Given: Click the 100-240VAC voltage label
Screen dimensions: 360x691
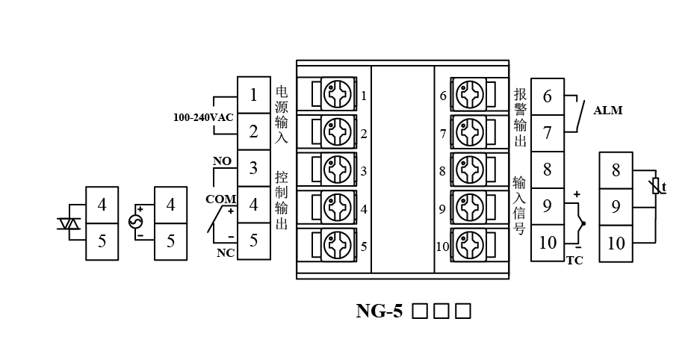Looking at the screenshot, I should [203, 118].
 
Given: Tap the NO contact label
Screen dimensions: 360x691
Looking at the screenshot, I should [222, 161].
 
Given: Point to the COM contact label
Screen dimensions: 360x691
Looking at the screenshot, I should [220, 199].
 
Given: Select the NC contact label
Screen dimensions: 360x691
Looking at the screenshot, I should [225, 252].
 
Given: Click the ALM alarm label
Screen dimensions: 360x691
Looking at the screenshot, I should [607, 111].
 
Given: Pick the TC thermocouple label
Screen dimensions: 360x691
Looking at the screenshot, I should [574, 261].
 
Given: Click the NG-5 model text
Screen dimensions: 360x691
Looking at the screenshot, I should [379, 311].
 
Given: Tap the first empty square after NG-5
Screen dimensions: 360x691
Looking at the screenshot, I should [420, 311].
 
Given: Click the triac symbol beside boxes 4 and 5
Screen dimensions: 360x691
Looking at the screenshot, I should [69, 223].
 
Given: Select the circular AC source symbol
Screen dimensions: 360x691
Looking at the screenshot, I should [136, 223].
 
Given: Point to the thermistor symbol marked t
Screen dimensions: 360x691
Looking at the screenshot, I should [657, 186].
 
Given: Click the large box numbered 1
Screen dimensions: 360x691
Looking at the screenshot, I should [254, 95].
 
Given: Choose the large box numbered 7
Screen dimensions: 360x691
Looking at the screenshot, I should [548, 132].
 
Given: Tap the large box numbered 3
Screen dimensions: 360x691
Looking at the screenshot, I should [254, 167].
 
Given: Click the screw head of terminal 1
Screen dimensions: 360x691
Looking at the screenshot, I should [335, 95].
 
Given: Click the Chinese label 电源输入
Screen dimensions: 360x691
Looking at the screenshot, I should [281, 114].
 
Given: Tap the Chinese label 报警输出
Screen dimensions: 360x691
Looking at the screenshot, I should [520, 118].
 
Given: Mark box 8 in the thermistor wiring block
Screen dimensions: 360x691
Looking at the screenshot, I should [616, 170].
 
